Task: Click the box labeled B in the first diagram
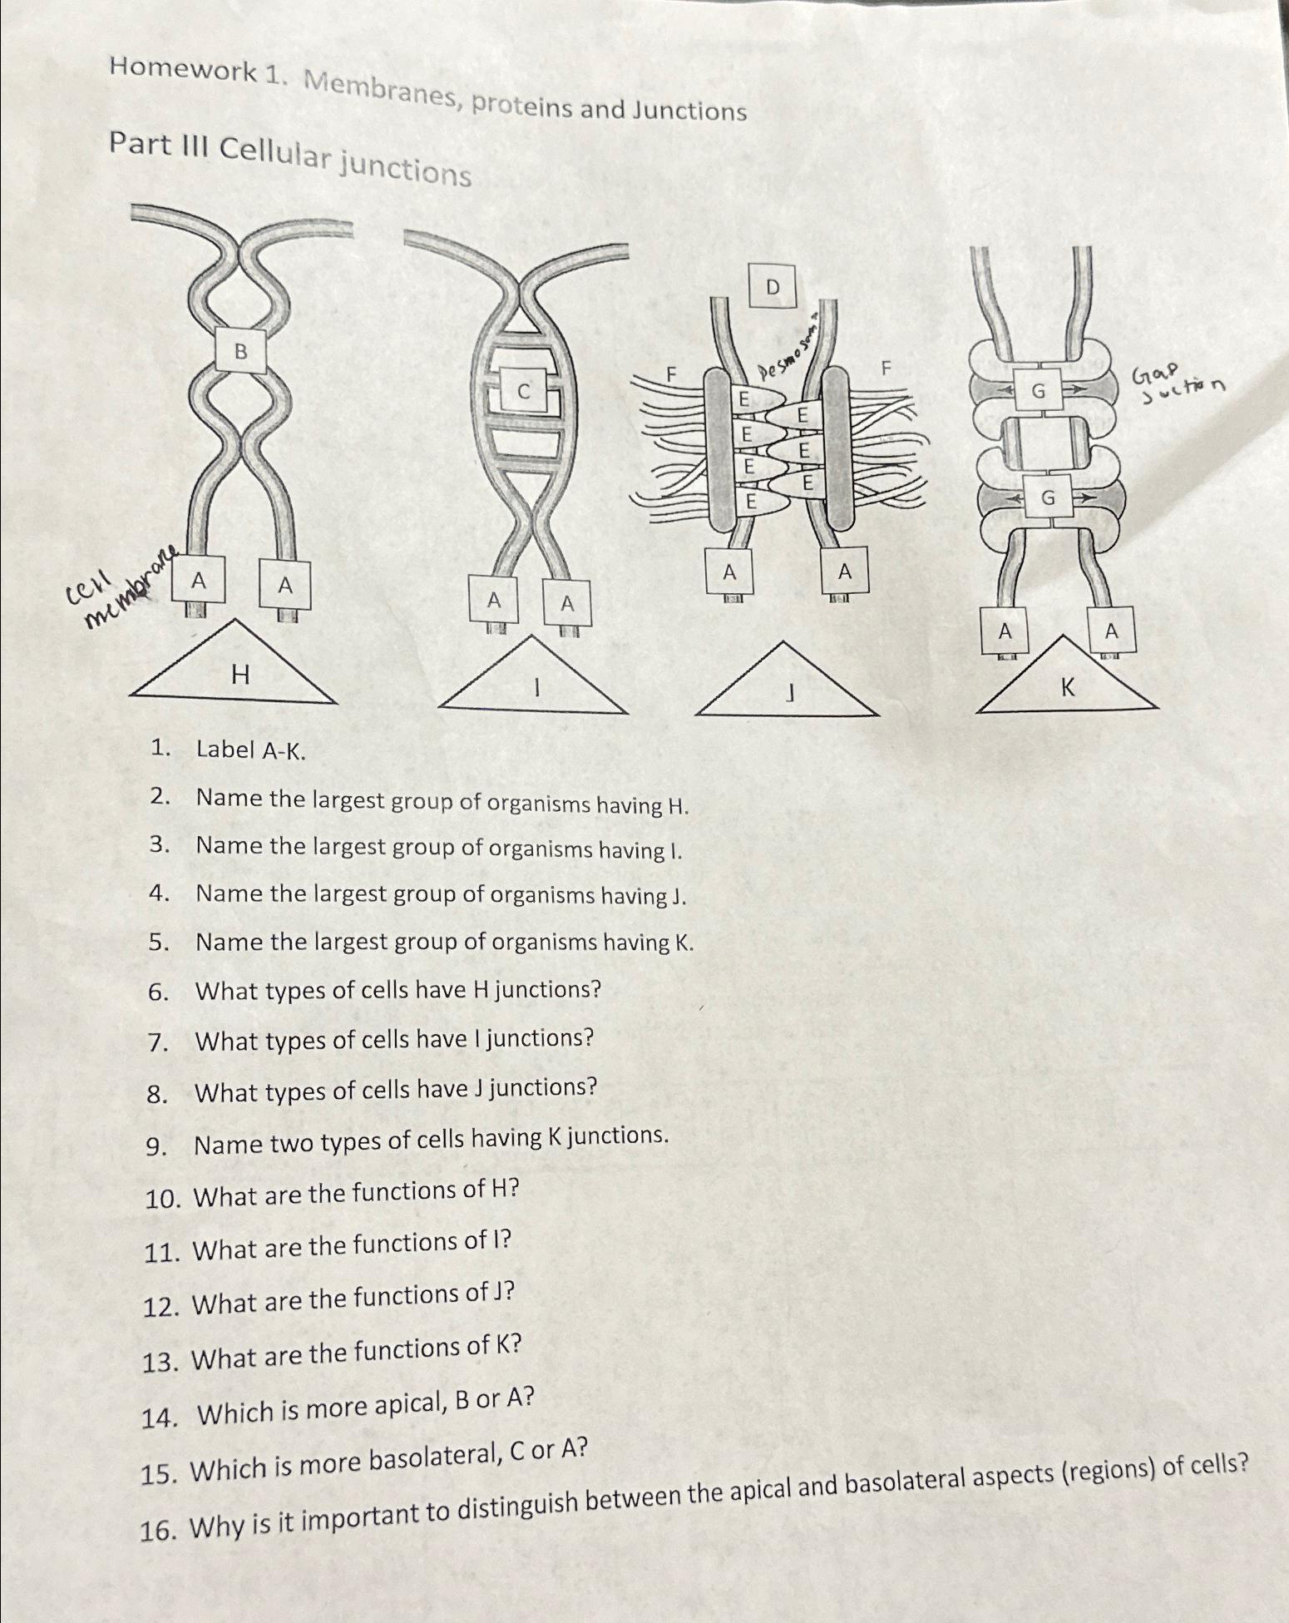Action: coord(240,352)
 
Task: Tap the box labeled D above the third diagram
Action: coord(773,287)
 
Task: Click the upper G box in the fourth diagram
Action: coord(1038,389)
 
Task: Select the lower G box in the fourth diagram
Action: coord(1047,497)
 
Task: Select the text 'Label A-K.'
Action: coord(250,750)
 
